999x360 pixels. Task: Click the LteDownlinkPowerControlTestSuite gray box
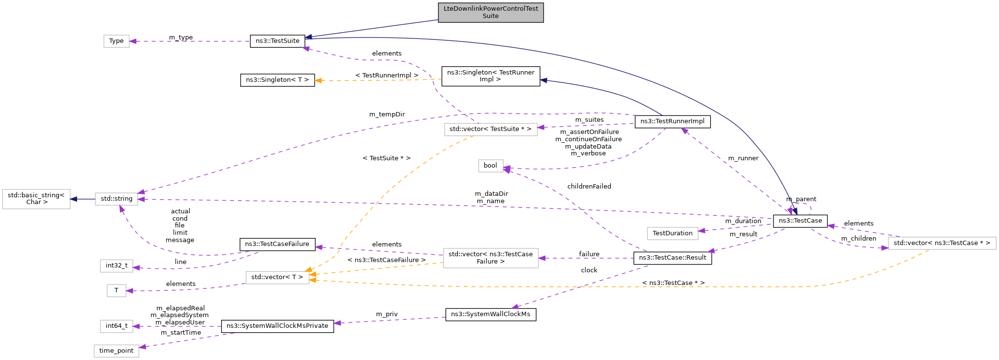click(490, 13)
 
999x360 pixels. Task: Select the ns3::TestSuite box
click(277, 41)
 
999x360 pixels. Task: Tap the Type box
click(116, 41)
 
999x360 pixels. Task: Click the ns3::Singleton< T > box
click(277, 80)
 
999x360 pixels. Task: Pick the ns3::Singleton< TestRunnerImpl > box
click(490, 76)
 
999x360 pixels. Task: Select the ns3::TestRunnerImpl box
click(672, 121)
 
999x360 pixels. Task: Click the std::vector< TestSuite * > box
click(490, 129)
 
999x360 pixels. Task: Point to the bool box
click(490, 166)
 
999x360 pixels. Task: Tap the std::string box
click(116, 199)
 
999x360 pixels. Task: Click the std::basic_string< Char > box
click(37, 199)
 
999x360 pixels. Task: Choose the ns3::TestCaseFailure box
click(277, 244)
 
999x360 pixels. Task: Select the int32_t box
click(116, 265)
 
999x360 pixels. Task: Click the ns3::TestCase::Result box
click(672, 258)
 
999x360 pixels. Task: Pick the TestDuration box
click(672, 233)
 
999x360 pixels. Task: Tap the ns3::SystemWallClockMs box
click(490, 314)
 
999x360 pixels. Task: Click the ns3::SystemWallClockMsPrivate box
click(277, 326)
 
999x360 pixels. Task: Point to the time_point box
click(116, 351)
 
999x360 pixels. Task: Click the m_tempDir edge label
click(387, 114)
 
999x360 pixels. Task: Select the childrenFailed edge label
click(589, 187)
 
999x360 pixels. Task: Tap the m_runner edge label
click(743, 158)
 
